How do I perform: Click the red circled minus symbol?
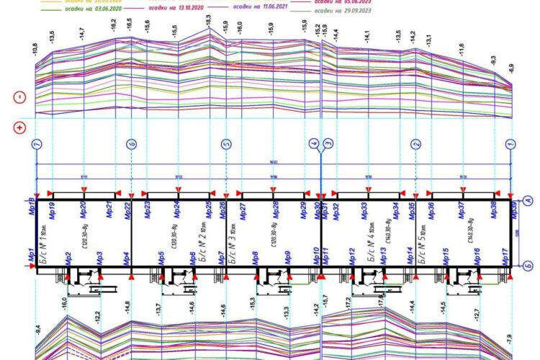(x=19, y=98)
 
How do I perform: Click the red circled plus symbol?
(x=19, y=128)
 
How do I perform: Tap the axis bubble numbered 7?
(x=36, y=144)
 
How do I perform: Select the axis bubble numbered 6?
(x=130, y=144)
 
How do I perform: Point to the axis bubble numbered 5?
(x=225, y=144)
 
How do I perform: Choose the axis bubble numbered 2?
(x=415, y=144)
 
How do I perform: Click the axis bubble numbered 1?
(x=510, y=144)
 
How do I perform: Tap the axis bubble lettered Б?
(x=527, y=265)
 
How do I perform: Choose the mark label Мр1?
(x=32, y=255)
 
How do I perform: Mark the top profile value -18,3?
(x=209, y=23)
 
